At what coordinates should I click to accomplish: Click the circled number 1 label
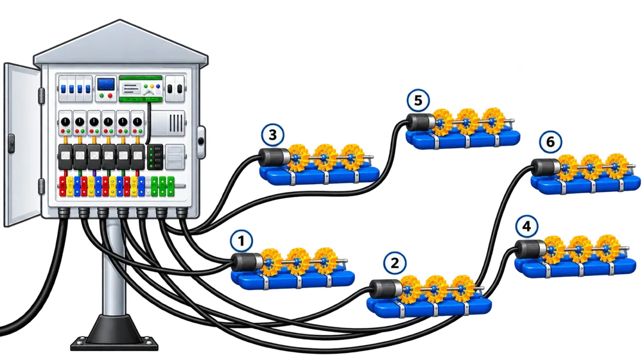(x=241, y=241)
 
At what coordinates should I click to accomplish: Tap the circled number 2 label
(x=395, y=263)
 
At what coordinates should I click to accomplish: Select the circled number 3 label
(x=273, y=135)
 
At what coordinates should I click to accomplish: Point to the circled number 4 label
(x=527, y=227)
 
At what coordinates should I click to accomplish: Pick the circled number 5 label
(x=418, y=101)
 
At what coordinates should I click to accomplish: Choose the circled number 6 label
(x=550, y=142)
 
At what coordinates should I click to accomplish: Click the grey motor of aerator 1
(x=247, y=262)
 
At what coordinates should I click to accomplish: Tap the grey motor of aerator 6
(x=546, y=167)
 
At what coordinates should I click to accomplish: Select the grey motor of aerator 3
(x=274, y=157)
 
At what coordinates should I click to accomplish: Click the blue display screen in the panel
(x=106, y=84)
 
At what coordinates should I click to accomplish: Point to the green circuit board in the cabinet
(x=141, y=89)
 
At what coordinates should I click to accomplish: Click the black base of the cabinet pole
(x=114, y=334)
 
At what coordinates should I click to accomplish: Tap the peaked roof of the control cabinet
(x=121, y=44)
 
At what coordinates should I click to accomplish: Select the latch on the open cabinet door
(x=12, y=144)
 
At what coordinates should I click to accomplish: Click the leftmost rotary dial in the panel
(x=65, y=122)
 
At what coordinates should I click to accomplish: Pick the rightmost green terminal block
(x=170, y=186)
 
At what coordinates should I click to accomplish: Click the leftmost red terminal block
(x=63, y=186)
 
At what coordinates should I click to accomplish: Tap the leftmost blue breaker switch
(x=64, y=89)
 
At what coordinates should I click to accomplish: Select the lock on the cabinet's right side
(x=200, y=142)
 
